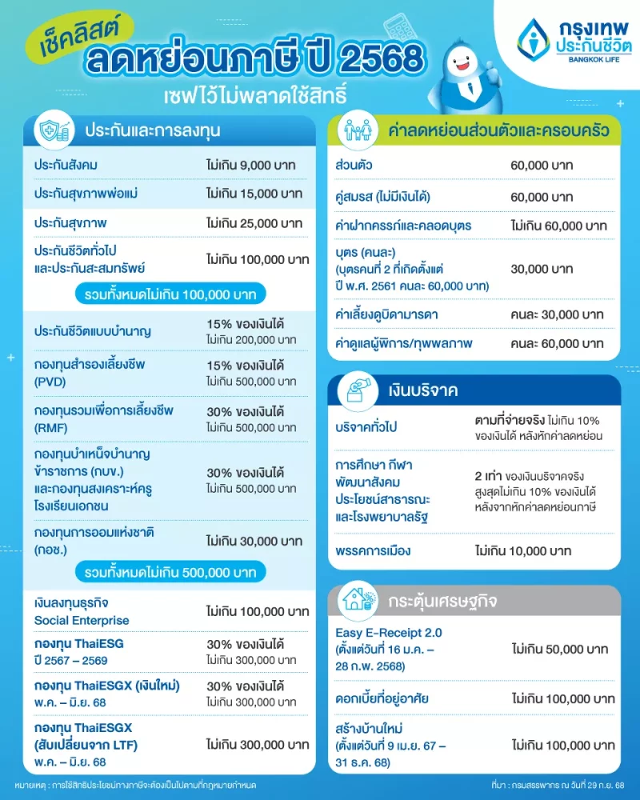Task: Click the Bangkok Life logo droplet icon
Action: click(531, 38)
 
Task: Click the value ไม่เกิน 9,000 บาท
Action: click(250, 166)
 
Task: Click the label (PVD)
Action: click(50, 382)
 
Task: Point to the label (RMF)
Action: click(50, 426)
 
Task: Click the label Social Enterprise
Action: click(82, 620)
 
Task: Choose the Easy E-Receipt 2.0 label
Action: click(388, 633)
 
